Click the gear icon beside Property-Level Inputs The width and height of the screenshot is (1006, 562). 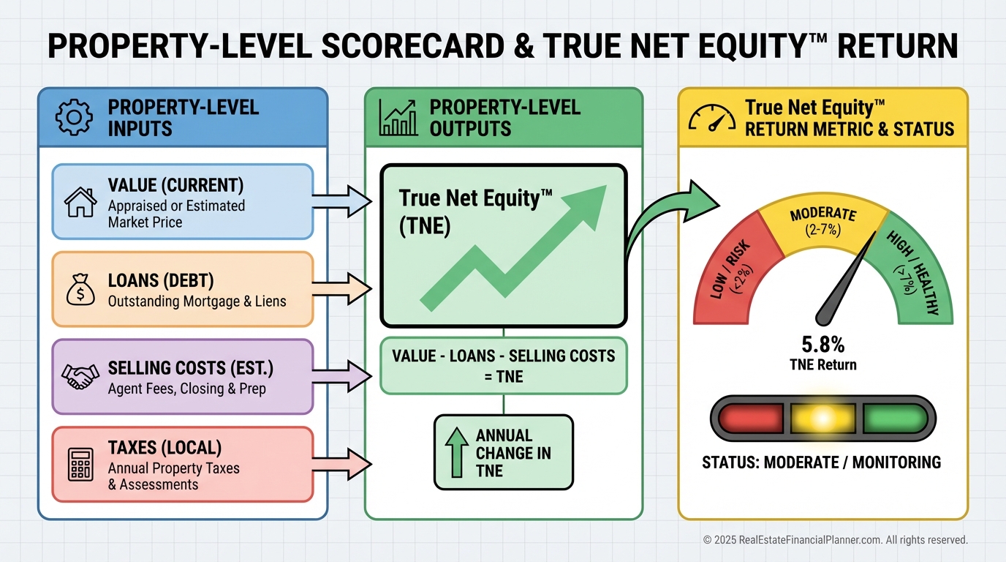tap(74, 117)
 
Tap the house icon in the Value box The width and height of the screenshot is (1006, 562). tap(80, 202)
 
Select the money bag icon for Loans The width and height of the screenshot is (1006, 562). tap(80, 290)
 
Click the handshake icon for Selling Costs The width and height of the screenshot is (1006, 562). tap(80, 376)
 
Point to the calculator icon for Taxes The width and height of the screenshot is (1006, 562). tap(80, 465)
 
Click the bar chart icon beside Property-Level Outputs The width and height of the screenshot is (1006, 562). tap(398, 117)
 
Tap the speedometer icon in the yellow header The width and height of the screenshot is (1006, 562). tap(712, 118)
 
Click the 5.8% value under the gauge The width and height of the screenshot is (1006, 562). tap(822, 345)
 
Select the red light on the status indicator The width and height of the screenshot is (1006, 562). tap(750, 419)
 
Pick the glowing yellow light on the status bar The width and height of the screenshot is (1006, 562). tap(822, 419)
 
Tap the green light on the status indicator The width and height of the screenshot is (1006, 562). tap(896, 419)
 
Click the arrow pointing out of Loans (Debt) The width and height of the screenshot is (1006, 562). tap(341, 288)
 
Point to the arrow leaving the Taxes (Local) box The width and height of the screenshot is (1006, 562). tap(341, 463)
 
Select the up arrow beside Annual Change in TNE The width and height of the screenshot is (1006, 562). tap(457, 452)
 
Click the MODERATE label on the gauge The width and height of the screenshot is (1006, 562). tap(822, 214)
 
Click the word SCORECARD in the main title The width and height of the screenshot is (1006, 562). tap(413, 46)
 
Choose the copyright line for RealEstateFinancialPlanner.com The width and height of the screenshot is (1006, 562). tap(836, 539)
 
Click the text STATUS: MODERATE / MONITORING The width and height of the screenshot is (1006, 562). tap(822, 462)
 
